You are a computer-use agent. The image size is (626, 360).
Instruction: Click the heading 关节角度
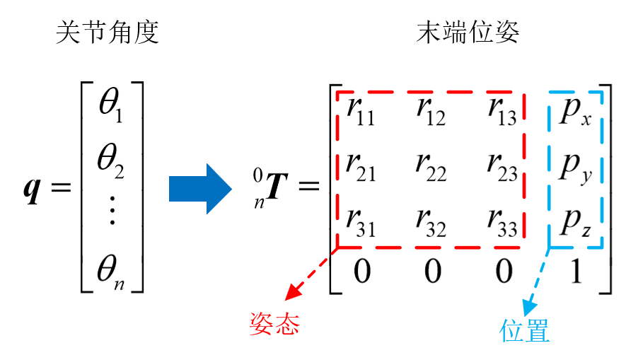point(107,33)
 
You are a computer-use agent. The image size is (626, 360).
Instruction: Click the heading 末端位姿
point(470,33)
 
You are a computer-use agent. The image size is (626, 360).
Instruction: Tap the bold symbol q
point(32,190)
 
